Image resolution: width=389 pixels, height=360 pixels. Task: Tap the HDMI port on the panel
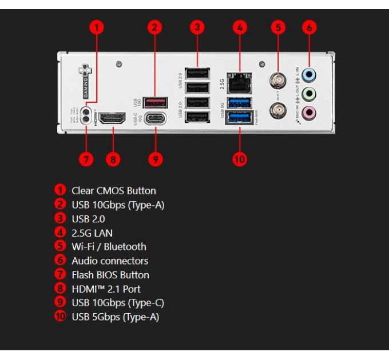[x=113, y=118]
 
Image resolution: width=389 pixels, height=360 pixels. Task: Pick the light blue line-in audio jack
[x=309, y=74]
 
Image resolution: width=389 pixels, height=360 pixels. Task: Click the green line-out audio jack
[x=309, y=93]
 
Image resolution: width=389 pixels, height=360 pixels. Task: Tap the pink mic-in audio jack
[x=309, y=113]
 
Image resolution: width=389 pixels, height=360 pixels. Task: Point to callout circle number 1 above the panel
[x=98, y=26]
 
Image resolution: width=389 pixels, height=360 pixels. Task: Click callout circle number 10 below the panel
[x=240, y=159]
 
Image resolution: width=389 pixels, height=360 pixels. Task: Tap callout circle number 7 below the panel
[x=86, y=159]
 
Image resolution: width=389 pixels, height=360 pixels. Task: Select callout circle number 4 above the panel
[x=240, y=26]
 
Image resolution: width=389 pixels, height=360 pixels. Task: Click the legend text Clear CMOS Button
[x=113, y=191]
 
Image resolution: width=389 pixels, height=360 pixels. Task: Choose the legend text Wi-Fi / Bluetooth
[x=109, y=247]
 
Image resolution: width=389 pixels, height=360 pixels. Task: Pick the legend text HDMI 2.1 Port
[x=106, y=289]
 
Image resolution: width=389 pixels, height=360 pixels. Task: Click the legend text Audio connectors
[x=110, y=261]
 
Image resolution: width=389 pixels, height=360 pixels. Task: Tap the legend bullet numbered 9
[x=60, y=303]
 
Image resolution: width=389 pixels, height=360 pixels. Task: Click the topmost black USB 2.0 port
[x=196, y=73]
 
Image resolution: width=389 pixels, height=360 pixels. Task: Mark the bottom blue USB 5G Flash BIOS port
[x=239, y=118]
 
